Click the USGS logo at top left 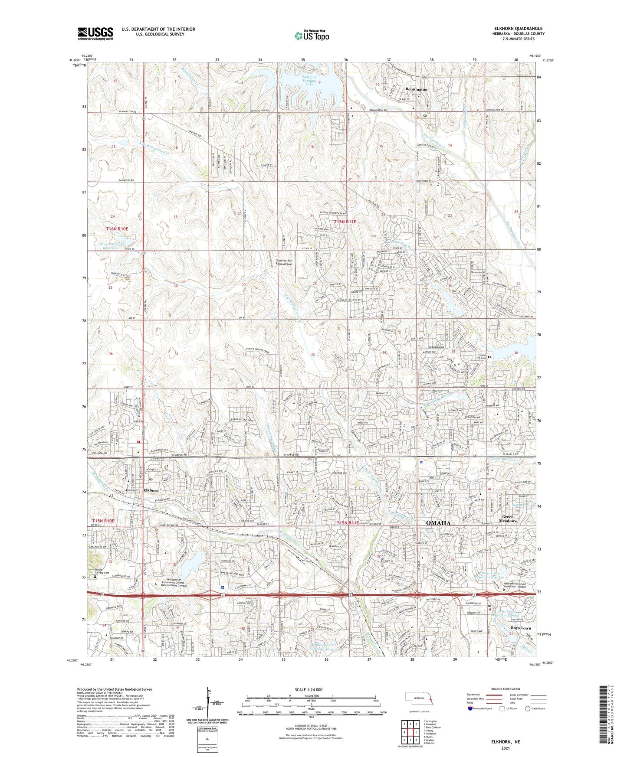point(95,33)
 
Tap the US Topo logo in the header point(311,36)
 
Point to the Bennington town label point(416,89)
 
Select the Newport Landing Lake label point(309,81)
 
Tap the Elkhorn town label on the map point(151,490)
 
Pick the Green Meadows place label point(509,519)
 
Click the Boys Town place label point(521,628)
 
